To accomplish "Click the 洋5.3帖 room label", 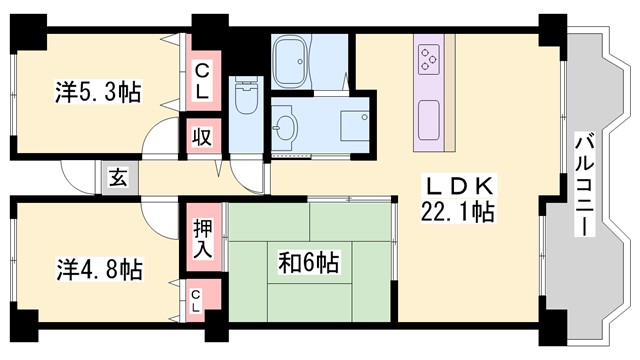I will pyautogui.click(x=97, y=93).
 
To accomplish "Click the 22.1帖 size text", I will pyautogui.click(x=458, y=211).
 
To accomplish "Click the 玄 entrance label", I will pyautogui.click(x=118, y=179).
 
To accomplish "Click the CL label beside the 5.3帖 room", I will pyautogui.click(x=202, y=80).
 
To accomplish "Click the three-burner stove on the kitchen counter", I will pyautogui.click(x=430, y=59).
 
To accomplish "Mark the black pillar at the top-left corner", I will pyautogui.click(x=27, y=31).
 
